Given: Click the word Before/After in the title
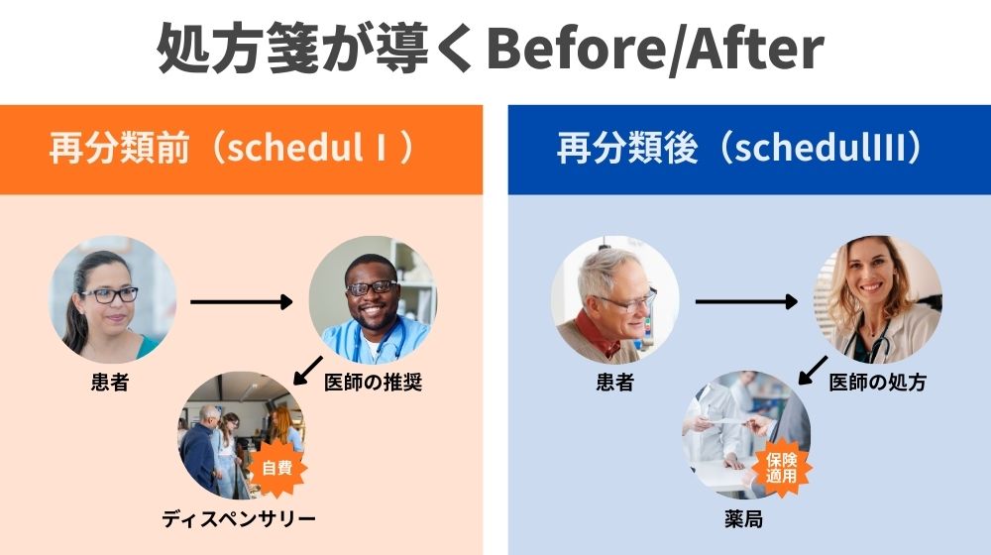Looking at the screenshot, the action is tap(655, 50).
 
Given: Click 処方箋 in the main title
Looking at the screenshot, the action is tap(238, 50).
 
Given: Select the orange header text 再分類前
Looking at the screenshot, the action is tap(119, 148).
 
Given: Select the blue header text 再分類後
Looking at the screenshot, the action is tap(627, 148).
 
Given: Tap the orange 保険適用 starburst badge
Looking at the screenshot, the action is tap(781, 468).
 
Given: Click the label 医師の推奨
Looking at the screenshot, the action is tap(373, 383).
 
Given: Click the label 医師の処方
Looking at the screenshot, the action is tap(877, 383).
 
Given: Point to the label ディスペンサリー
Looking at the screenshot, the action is tap(238, 519).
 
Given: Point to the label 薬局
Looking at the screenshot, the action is tap(743, 519).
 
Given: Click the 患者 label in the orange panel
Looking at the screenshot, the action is tap(110, 383).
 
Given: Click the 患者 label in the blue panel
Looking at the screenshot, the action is tap(615, 383).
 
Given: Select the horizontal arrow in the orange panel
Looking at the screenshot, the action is tap(242, 302).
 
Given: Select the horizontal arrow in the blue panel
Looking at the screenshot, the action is tap(746, 302).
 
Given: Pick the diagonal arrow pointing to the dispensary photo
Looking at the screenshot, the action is tap(308, 371).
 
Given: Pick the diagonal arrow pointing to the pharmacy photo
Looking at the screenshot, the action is tap(813, 371).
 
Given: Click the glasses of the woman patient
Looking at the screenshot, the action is tap(110, 294).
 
